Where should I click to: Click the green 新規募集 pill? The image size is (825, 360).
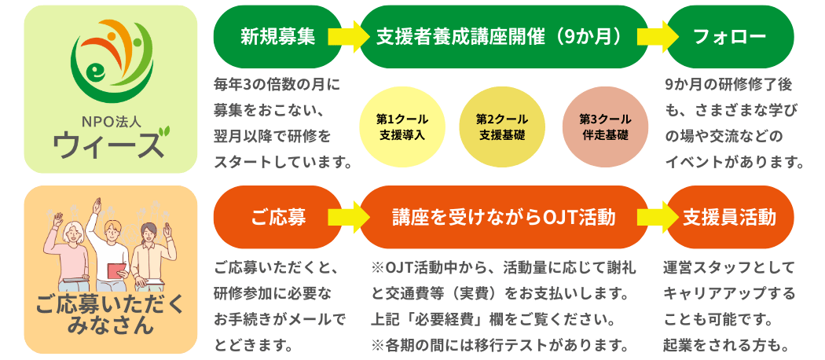[x=277, y=37]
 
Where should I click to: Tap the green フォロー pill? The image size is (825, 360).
[x=729, y=37]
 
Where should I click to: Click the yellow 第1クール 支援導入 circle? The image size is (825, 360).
[x=402, y=127]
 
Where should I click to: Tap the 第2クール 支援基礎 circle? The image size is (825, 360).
[x=502, y=127]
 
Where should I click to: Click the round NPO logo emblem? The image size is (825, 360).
[x=111, y=64]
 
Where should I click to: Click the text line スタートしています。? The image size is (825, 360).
[x=281, y=163]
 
